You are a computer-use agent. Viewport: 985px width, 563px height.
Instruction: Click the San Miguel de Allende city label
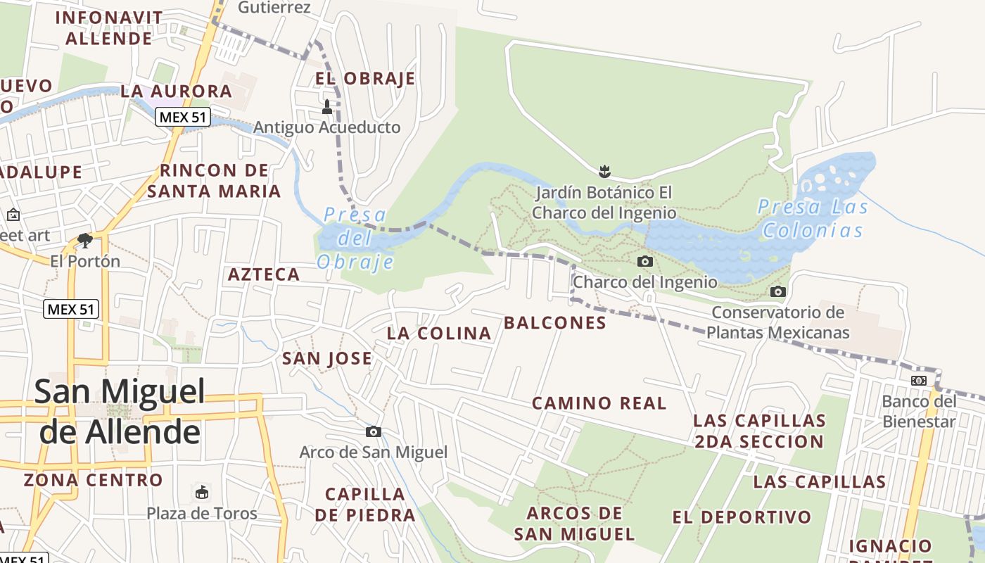(x=120, y=411)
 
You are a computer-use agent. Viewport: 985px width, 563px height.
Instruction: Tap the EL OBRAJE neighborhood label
(x=365, y=78)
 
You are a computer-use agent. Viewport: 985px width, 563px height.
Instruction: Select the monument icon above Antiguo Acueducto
(x=326, y=108)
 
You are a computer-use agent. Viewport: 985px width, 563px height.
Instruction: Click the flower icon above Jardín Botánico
(x=604, y=170)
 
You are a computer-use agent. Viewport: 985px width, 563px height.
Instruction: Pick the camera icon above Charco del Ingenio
(x=644, y=262)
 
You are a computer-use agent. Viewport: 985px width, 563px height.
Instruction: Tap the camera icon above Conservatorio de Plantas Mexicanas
(x=777, y=291)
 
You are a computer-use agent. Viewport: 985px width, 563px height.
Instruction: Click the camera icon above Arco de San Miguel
(x=374, y=431)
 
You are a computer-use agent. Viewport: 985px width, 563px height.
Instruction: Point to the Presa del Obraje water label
(x=356, y=238)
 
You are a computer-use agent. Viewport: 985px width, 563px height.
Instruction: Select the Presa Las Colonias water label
(x=813, y=218)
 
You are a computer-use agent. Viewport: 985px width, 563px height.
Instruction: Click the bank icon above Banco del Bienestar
(x=919, y=381)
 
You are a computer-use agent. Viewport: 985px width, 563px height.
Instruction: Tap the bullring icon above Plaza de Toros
(x=202, y=491)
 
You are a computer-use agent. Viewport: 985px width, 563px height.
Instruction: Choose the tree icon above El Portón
(x=85, y=241)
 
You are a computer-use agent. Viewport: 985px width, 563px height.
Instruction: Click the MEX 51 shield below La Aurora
(x=183, y=117)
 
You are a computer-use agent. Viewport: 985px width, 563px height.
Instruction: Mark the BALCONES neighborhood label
(x=555, y=323)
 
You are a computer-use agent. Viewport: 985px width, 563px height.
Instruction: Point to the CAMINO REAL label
(x=599, y=403)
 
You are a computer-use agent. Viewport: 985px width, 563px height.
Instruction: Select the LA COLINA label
(x=439, y=334)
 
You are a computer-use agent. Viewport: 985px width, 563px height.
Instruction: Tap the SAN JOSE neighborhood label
(x=327, y=359)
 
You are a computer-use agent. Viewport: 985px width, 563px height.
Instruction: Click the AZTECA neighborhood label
(x=264, y=274)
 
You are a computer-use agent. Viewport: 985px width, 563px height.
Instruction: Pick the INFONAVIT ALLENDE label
(x=109, y=27)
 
